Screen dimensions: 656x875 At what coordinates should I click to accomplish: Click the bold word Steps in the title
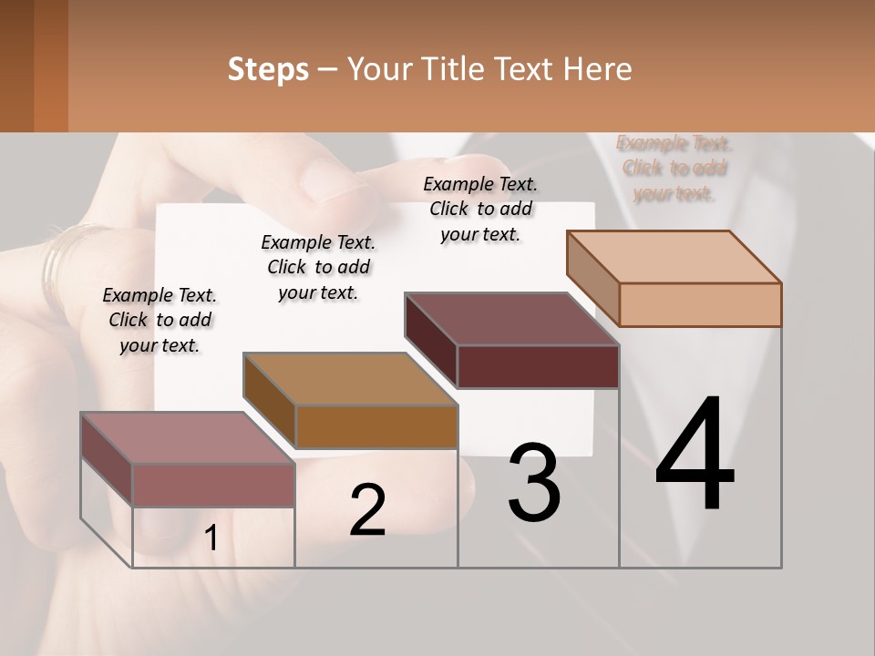coord(268,69)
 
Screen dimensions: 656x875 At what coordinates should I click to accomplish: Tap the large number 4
coord(695,456)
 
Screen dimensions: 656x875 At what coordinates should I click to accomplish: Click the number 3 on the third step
coord(534,483)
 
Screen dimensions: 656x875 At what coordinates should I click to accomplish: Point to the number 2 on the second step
coord(367,510)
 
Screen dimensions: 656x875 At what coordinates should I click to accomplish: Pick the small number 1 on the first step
coord(211,538)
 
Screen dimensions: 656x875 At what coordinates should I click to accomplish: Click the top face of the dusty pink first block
coord(188,438)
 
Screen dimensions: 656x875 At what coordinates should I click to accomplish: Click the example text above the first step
coord(160,320)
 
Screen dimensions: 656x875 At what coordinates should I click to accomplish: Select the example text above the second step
coord(318,267)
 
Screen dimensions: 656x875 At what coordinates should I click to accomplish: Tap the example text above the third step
coord(480,209)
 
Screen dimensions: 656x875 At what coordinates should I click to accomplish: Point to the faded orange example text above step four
coord(674,168)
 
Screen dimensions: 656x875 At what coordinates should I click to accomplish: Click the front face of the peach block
coord(700,304)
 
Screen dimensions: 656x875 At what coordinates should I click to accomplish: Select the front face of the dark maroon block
coord(538,366)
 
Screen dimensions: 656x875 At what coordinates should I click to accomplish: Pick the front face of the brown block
coord(376,426)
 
